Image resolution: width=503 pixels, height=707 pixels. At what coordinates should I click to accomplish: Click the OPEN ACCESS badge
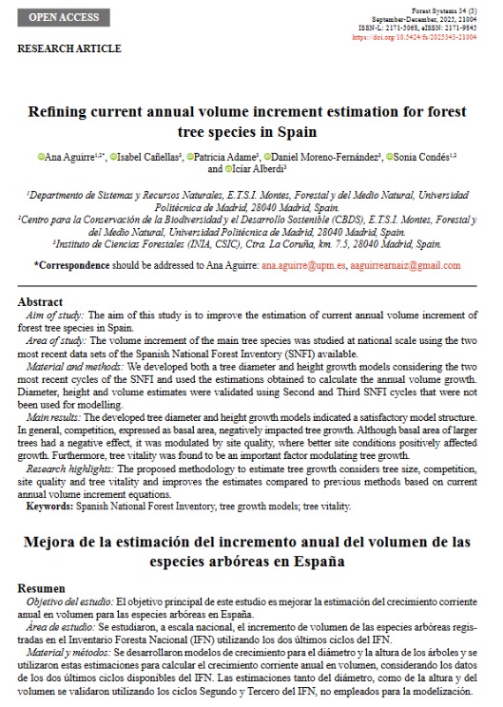(x=65, y=18)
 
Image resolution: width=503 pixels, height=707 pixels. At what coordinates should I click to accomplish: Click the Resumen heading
(x=41, y=588)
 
